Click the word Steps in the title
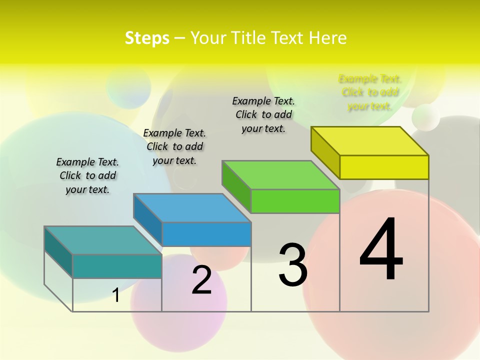pos(147,38)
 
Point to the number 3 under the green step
pos(292,264)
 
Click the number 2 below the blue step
pos(201,280)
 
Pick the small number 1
pos(116,295)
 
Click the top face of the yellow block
pos(370,140)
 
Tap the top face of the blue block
pos(192,207)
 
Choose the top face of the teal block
pos(103,240)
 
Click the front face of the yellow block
pos(384,167)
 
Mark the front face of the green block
pos(295,201)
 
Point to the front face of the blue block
pos(206,234)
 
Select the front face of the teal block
pos(117,266)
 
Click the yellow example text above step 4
pos(370,92)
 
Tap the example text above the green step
pos(263,114)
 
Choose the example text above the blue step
pos(174,146)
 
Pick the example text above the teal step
pos(87,175)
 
